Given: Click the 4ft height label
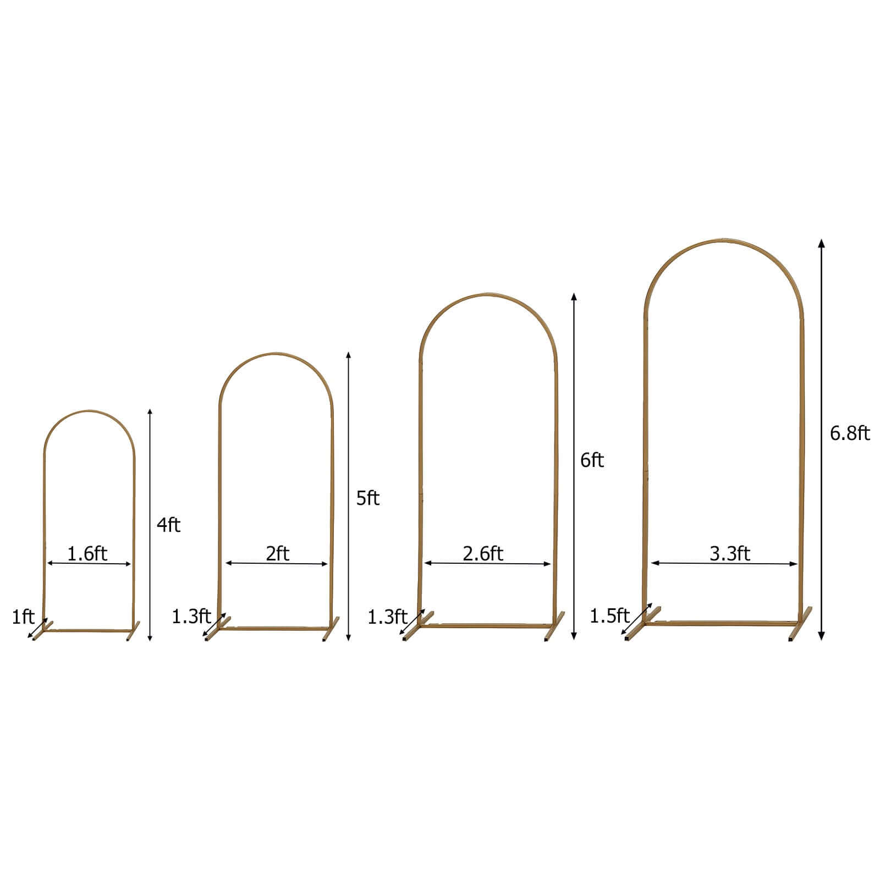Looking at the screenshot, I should (168, 525).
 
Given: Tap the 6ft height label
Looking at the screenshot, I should (592, 460).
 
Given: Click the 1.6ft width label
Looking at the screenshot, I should (87, 553).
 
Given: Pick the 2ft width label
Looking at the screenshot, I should (277, 553).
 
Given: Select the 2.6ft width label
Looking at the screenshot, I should (483, 553).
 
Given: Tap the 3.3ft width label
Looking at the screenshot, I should (730, 553).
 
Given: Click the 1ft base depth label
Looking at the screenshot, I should (23, 617).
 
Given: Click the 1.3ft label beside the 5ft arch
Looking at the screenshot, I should (191, 616).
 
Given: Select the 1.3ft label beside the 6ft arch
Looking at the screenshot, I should (387, 617).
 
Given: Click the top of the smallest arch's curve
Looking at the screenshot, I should (89, 411).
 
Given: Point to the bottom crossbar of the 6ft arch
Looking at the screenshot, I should (487, 625).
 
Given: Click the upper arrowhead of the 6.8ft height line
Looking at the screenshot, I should (821, 244).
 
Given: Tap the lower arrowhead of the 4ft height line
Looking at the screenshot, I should (150, 638).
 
